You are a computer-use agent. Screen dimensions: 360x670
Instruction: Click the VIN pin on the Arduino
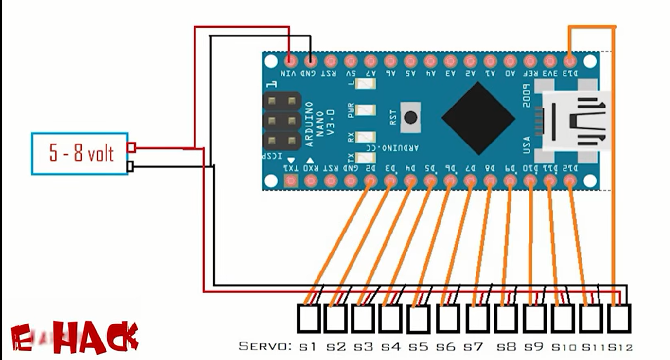(291, 61)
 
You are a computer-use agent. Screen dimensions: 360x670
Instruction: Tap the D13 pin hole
(570, 61)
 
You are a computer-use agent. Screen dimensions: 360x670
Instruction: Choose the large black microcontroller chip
(478, 118)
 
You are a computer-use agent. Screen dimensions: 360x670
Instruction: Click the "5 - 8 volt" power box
(80, 153)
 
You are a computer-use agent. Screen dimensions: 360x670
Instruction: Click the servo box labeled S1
(308, 319)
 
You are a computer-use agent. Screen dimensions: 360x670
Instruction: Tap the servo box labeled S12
(618, 319)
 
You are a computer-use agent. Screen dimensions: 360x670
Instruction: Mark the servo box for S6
(448, 319)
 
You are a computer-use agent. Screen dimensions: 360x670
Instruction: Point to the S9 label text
(535, 347)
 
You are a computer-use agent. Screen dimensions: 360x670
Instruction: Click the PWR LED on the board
(366, 110)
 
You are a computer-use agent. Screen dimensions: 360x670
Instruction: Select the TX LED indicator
(366, 157)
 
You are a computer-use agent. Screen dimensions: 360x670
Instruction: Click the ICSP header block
(281, 122)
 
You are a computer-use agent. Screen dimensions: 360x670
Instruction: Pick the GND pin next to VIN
(311, 61)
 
